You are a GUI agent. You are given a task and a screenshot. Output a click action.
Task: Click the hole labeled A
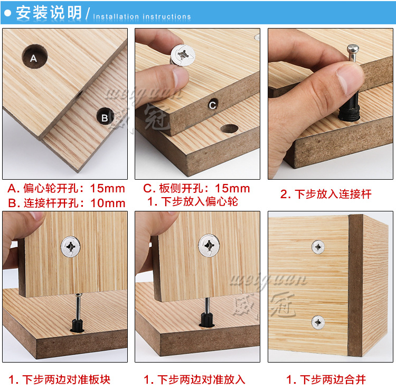[34, 57]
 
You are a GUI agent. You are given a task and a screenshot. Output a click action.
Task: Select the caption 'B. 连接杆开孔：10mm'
[66, 203]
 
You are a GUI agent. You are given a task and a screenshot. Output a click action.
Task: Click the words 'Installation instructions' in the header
[142, 16]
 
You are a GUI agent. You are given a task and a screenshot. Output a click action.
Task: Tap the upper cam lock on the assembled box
[318, 246]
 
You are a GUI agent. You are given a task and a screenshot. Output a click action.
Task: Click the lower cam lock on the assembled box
[318, 321]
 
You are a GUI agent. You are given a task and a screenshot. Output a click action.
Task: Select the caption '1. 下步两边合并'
[326, 379]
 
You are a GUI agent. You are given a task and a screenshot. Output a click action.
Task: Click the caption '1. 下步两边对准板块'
[59, 379]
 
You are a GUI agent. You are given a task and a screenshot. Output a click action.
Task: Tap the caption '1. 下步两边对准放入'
[194, 379]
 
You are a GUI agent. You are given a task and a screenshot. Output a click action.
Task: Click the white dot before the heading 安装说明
[8, 13]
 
